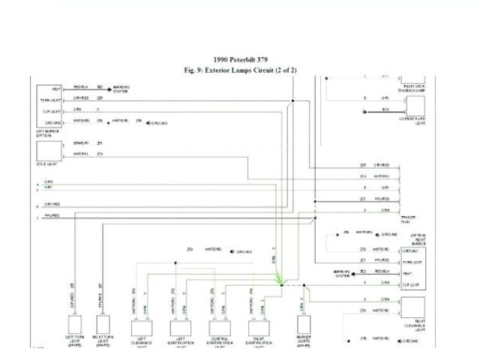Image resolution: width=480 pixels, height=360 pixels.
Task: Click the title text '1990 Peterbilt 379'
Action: [239, 59]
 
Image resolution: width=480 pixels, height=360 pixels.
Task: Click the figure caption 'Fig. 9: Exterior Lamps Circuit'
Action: [240, 70]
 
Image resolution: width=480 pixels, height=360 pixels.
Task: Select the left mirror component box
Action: [49, 105]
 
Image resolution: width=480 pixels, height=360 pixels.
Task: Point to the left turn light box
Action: [75, 327]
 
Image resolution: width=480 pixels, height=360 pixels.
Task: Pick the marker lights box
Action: [304, 325]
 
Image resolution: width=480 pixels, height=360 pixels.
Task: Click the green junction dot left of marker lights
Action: [280, 284]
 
